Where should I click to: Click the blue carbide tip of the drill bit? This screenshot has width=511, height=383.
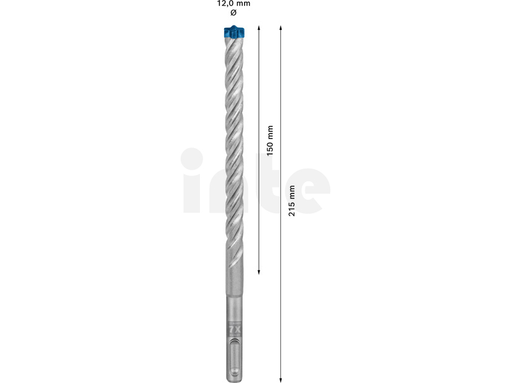pyautogui.click(x=234, y=32)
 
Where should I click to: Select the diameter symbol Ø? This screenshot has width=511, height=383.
pyautogui.click(x=233, y=13)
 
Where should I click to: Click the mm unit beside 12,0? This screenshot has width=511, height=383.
pyautogui.click(x=244, y=4)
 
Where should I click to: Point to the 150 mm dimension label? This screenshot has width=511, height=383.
pyautogui.click(x=270, y=140)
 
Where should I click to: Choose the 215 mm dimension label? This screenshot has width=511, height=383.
pyautogui.click(x=292, y=200)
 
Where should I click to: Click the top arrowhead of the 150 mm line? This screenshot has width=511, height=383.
pyautogui.click(x=259, y=27)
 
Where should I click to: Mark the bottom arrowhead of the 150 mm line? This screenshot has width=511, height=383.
pyautogui.click(x=259, y=272)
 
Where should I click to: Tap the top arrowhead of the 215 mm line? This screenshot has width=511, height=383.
pyautogui.click(x=280, y=27)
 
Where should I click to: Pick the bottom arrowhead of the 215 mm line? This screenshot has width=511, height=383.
pyautogui.click(x=280, y=380)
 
